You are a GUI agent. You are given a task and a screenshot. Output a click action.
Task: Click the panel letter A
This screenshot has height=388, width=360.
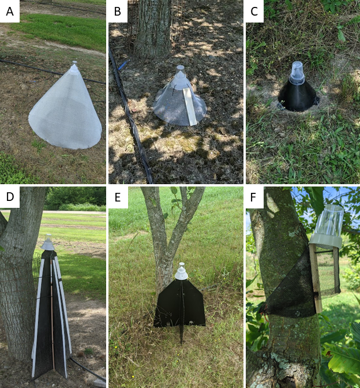click(10, 12)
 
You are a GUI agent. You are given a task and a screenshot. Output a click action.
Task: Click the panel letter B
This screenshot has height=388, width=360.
click(118, 12)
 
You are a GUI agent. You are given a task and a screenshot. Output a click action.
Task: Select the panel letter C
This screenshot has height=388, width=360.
click(254, 12)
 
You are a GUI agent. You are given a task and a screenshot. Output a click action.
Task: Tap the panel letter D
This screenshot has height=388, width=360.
click(10, 196)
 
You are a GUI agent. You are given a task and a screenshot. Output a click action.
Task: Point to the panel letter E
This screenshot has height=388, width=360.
click(118, 197)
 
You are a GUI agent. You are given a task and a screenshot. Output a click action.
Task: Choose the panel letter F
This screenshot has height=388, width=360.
click(253, 197)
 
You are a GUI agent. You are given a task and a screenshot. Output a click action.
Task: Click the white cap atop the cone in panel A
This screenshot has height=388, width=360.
click(74, 68)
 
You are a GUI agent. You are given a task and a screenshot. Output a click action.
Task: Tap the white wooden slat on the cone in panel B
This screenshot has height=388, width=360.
click(190, 107)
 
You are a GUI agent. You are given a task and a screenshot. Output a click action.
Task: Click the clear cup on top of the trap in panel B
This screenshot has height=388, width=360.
click(180, 70)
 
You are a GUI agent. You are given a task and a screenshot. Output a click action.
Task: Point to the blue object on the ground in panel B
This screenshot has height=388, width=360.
click(123, 65)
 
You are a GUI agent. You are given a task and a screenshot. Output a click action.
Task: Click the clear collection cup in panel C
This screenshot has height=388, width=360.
click(297, 70)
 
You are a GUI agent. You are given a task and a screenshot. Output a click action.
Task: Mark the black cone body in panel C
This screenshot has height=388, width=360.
click(297, 96)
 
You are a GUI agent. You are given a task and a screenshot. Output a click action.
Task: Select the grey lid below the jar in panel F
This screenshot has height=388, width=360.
click(326, 241)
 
